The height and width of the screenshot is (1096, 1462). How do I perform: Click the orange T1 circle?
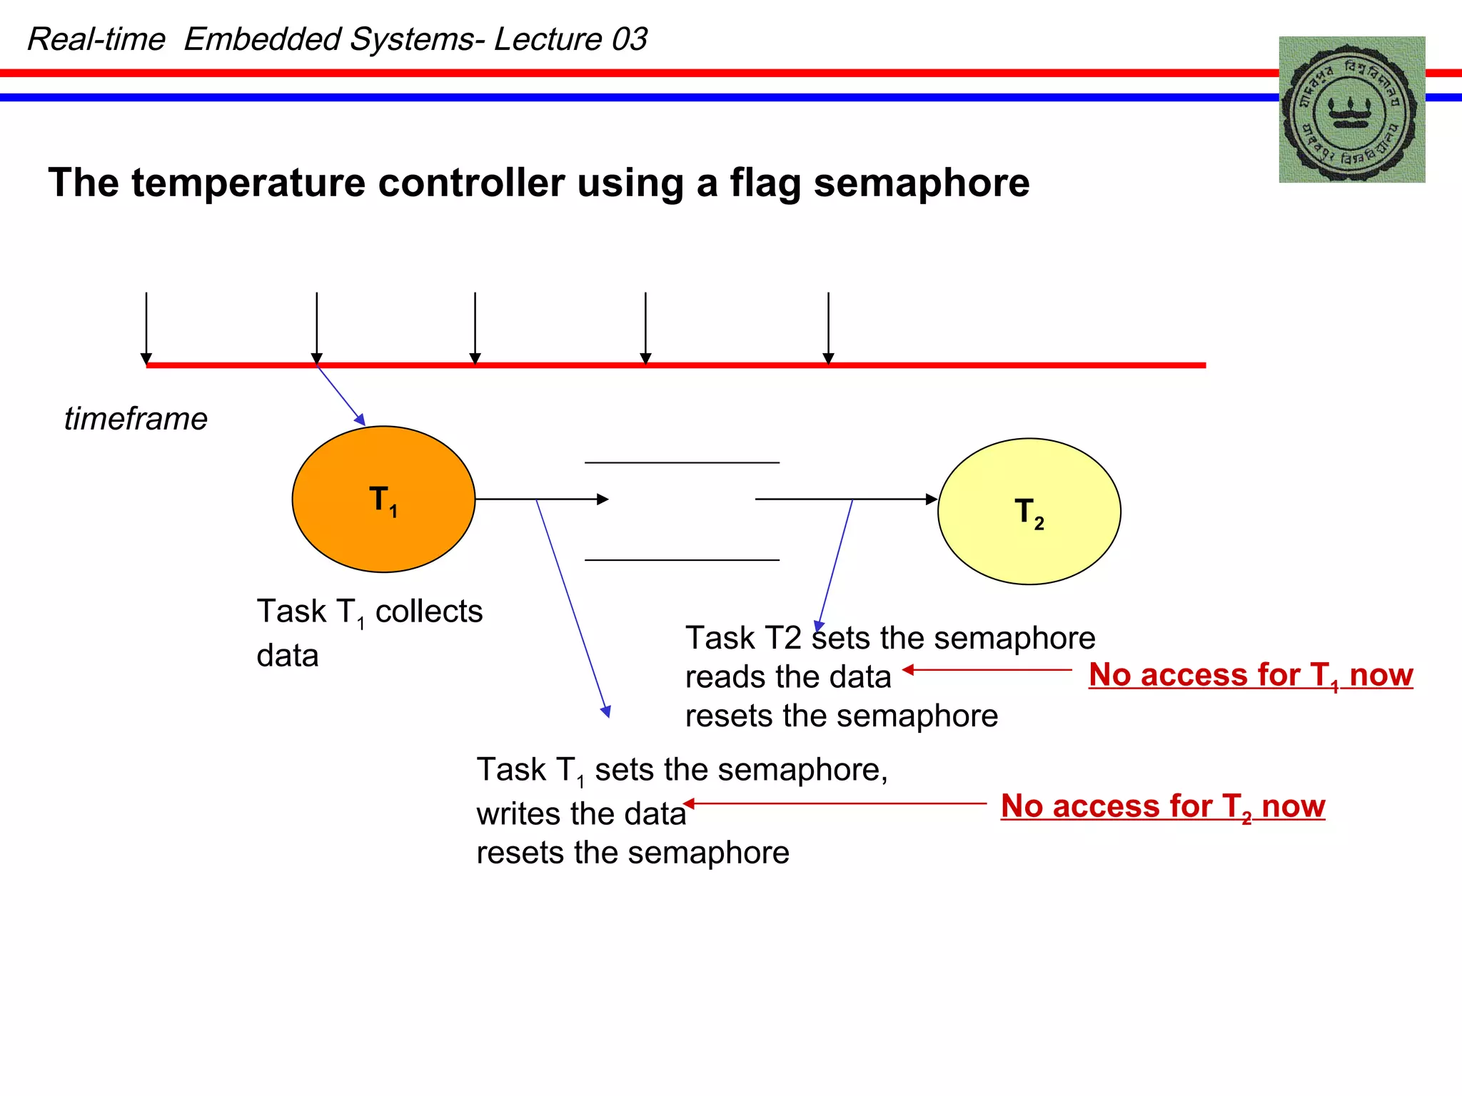coord(383,499)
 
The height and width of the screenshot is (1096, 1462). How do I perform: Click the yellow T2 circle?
coord(1029,512)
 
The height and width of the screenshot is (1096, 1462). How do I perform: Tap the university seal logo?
coord(1351,110)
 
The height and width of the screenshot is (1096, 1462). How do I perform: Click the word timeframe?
coord(136,419)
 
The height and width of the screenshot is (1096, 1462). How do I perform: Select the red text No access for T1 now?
coord(1250,675)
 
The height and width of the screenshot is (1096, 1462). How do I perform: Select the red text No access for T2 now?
coord(1162,806)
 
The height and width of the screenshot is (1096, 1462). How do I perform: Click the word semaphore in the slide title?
coord(921,183)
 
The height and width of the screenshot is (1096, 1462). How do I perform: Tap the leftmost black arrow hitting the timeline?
coord(146,328)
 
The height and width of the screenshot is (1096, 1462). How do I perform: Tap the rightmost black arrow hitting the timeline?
coord(828,328)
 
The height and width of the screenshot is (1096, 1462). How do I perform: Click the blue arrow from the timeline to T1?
coord(341,395)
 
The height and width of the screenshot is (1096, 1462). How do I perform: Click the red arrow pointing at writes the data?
coord(835,803)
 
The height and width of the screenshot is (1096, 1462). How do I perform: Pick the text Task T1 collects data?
coord(368,632)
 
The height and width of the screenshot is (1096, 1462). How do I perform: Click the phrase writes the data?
coord(581,814)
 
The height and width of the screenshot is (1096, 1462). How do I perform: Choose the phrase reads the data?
coord(788,677)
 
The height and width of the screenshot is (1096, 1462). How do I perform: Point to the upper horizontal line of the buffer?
coord(682,463)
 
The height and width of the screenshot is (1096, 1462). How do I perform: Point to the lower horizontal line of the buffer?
coord(682,560)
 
